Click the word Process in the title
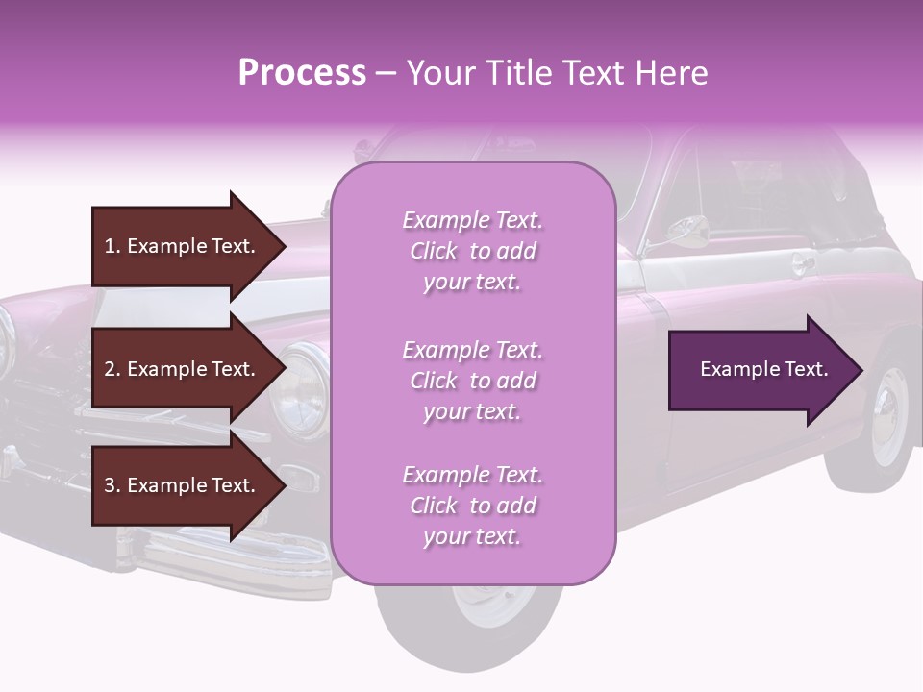pyautogui.click(x=302, y=73)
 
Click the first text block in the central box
pyautogui.click(x=472, y=251)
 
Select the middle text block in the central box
pyautogui.click(x=472, y=381)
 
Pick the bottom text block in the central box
pyautogui.click(x=472, y=506)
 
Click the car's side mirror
pyautogui.click(x=688, y=229)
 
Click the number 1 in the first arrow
pyautogui.click(x=110, y=246)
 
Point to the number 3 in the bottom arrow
pyautogui.click(x=110, y=485)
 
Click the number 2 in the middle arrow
pyautogui.click(x=110, y=369)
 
